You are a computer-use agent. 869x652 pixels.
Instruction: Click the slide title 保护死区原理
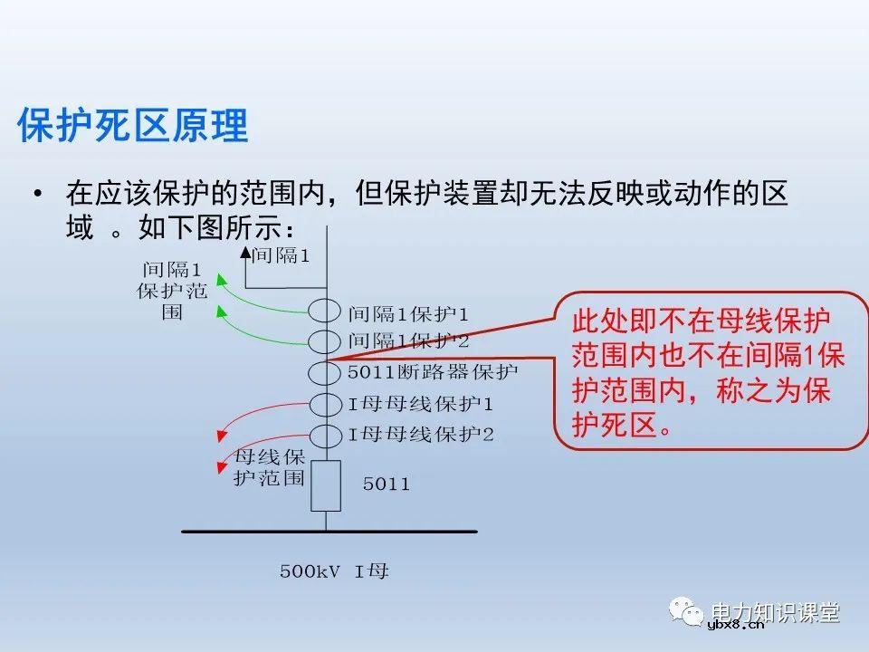pos(132,127)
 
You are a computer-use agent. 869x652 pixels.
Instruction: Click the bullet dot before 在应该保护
pos(37,195)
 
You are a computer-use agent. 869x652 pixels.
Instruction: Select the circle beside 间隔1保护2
pos(326,342)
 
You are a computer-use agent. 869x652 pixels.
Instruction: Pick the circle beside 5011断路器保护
pos(326,372)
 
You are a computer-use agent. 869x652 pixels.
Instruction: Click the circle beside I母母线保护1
pos(326,403)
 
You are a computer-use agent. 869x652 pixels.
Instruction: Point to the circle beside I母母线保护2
pos(326,434)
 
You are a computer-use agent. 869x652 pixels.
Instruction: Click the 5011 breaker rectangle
pos(326,485)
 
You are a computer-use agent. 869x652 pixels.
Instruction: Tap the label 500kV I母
pos(334,571)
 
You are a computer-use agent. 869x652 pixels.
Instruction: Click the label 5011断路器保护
pos(433,372)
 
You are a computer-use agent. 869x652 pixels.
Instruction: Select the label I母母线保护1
pos(421,403)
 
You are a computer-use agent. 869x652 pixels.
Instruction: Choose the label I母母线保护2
pos(421,434)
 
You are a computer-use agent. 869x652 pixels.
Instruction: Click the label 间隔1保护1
pos(409,314)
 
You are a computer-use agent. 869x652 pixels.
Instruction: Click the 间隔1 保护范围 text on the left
pos(172,291)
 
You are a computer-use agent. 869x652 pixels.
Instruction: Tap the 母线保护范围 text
pos(269,467)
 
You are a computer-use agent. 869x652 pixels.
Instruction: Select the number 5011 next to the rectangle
pos(387,484)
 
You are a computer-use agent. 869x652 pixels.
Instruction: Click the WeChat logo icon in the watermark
pos(687,613)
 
